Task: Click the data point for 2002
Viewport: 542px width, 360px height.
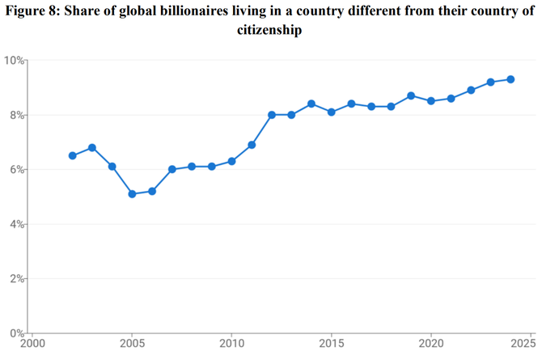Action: [x=72, y=155]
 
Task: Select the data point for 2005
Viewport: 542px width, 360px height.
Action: [x=132, y=193]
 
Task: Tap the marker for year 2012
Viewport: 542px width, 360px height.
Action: [x=271, y=115]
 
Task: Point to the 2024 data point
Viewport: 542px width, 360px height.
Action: [x=510, y=79]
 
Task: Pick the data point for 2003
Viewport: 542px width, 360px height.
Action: [x=92, y=147]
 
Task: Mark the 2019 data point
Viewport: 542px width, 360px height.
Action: [x=411, y=95]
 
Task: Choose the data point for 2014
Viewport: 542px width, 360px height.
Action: [x=311, y=104]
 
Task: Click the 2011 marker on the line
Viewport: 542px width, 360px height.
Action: [x=252, y=145]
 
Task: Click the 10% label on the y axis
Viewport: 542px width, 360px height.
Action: [x=13, y=61]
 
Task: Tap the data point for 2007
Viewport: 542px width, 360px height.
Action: [x=171, y=169]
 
